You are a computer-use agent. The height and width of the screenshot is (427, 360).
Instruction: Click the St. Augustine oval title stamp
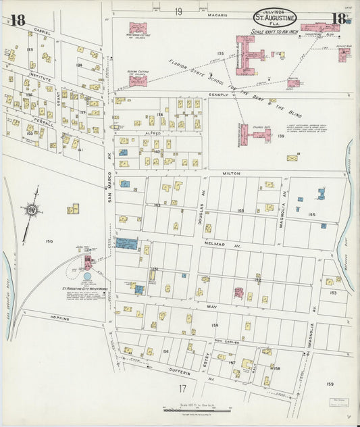(276, 17)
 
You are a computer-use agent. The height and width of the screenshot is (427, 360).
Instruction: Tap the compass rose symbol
(30, 211)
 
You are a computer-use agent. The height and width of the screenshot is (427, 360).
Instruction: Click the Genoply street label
(220, 95)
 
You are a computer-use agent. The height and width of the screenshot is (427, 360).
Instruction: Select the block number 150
(49, 241)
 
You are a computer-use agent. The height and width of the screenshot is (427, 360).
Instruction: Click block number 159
(330, 384)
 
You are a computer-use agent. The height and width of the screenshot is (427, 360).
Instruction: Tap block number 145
(311, 214)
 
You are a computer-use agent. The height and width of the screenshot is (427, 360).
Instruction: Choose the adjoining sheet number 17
(182, 388)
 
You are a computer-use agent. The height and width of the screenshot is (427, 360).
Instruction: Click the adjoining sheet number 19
(178, 11)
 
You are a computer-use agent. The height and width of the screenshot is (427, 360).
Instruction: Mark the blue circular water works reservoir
(87, 276)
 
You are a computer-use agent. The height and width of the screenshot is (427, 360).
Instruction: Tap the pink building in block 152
(238, 293)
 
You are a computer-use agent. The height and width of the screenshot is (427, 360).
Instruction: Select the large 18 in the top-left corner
(18, 20)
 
